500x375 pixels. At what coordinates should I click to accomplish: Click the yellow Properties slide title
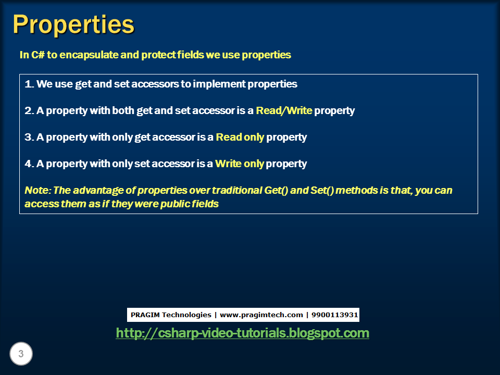[x=73, y=24]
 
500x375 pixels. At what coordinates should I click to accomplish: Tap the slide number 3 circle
[x=21, y=354]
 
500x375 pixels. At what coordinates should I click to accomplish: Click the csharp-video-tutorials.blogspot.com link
[x=242, y=333]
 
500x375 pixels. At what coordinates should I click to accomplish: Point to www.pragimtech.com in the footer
[x=261, y=315]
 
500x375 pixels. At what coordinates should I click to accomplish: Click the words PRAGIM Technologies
[x=171, y=315]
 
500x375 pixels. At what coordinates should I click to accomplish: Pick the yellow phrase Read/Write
[x=284, y=110]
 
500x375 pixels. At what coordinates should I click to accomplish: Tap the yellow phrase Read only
[x=240, y=137]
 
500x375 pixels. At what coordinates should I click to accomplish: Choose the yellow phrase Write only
[x=240, y=164]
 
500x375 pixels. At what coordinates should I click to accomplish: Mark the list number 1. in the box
[x=29, y=84]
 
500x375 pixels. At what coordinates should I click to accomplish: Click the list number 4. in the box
[x=29, y=164]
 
